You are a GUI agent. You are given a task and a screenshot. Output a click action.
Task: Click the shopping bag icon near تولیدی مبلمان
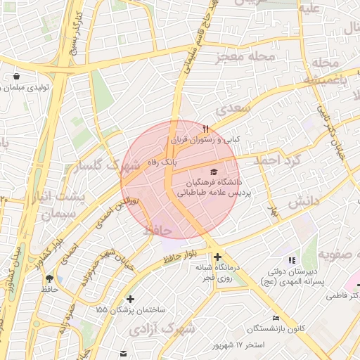(x=17, y=76)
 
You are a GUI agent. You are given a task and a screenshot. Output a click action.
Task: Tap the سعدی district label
(x=233, y=110)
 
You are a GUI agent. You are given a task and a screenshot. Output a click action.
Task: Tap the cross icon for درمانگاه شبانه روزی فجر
(x=218, y=257)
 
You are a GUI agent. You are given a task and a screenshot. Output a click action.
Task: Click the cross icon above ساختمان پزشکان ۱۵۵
(x=130, y=299)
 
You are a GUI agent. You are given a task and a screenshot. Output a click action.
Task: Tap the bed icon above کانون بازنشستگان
(x=276, y=319)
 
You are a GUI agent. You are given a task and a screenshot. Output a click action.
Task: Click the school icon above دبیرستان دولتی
(x=292, y=261)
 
